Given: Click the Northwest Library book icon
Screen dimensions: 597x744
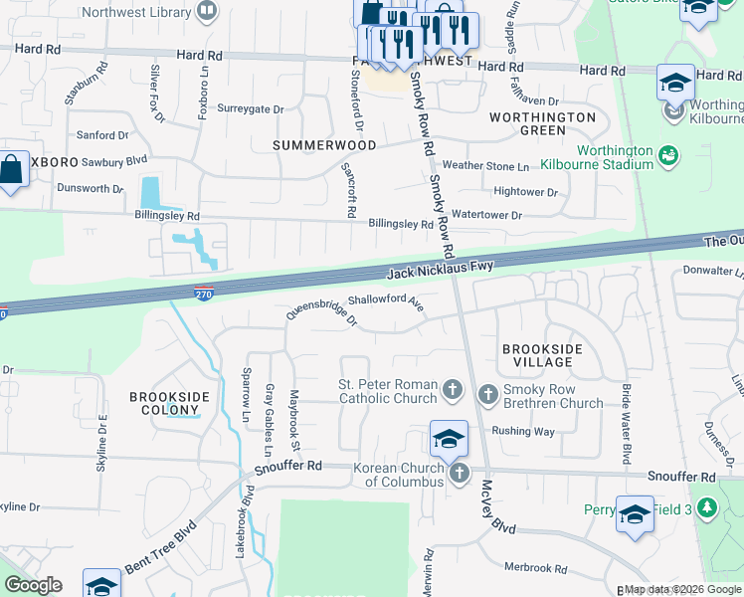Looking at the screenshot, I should [207, 13].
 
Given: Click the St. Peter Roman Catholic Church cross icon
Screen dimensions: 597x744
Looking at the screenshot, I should [453, 390].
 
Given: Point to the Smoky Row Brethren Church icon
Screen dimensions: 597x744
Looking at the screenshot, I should [488, 395].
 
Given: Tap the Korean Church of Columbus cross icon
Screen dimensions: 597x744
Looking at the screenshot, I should [459, 474].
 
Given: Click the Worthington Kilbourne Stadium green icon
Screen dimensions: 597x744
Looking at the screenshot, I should [667, 155].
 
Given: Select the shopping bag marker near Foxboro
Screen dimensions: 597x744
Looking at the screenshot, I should [12, 169].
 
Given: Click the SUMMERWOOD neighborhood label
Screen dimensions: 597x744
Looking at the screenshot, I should [325, 145].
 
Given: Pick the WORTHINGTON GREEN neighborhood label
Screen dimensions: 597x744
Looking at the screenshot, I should [542, 123].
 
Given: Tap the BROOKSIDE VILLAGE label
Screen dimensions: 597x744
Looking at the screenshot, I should [537, 355].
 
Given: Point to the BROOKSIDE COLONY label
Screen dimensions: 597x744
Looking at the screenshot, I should [170, 403].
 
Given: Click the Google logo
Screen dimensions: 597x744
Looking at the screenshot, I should [33, 585].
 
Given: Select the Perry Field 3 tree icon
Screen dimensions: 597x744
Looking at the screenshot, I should [707, 509].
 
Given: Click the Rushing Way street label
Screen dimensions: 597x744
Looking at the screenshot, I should [523, 432].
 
